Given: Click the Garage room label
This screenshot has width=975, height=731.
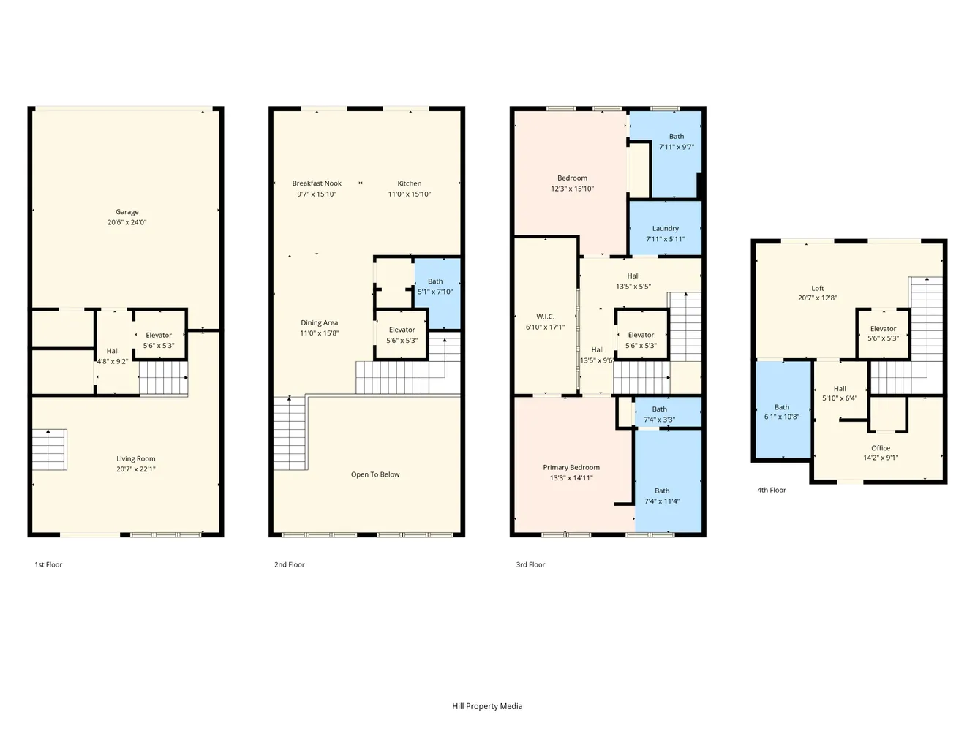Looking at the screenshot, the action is coord(127,212).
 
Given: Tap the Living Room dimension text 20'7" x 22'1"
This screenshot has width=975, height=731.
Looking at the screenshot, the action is coord(136,469).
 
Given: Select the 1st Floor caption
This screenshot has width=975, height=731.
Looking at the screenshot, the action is coord(48,564).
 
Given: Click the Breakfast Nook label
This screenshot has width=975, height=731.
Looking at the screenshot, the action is coord(317,183).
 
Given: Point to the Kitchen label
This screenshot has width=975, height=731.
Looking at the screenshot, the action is coord(409,183).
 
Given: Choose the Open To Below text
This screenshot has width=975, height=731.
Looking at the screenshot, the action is coord(375,474).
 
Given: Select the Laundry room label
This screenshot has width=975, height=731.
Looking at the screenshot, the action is coord(666,229).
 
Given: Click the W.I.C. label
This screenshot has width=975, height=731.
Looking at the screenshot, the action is coord(545,317).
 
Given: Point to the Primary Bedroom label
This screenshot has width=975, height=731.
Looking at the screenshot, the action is coord(571,467).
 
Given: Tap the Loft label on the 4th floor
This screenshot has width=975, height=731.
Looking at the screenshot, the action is coord(817,288).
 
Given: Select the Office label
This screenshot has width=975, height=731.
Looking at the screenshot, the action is coord(881,448).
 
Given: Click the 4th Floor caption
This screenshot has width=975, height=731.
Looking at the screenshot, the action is coord(772,490).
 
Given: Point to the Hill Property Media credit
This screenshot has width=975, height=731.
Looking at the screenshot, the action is coord(487,706).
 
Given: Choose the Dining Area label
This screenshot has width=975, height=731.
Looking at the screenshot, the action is coord(320,322).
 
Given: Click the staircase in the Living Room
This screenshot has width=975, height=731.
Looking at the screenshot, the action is coord(49,449).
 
